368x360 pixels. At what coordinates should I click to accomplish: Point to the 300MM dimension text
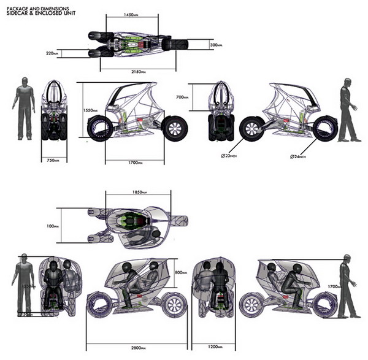[215, 45]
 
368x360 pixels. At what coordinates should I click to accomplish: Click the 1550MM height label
[91, 110]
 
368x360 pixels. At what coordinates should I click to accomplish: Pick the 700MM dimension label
[199, 97]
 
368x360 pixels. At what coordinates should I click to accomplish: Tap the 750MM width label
[53, 161]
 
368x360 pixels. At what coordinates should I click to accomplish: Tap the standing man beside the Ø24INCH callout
[347, 110]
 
